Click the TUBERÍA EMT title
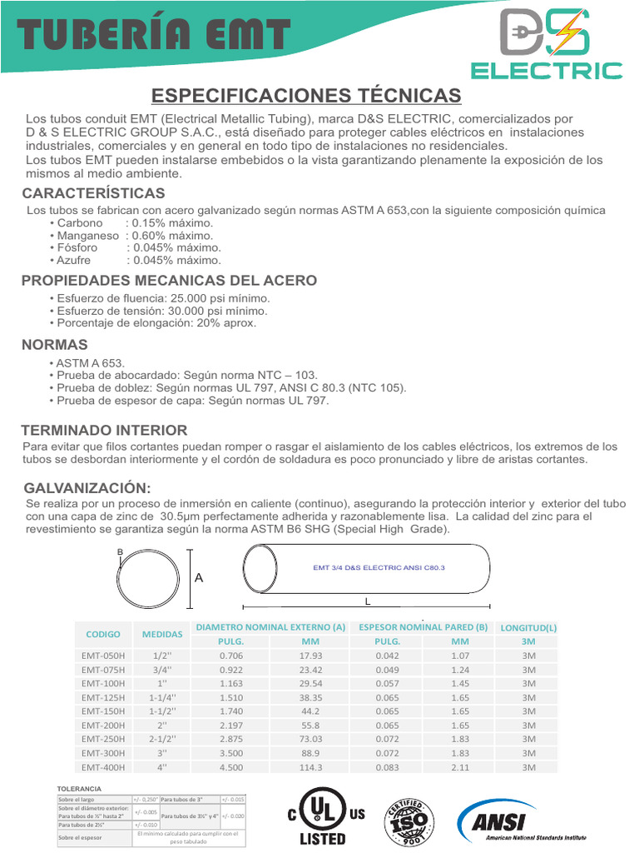[x=155, y=36]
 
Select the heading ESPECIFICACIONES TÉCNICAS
[x=306, y=94]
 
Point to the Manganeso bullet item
[x=131, y=236]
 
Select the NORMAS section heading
[x=54, y=345]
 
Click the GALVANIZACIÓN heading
[x=87, y=487]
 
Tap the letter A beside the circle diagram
[x=199, y=577]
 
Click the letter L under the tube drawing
[x=367, y=601]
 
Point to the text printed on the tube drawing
[x=379, y=567]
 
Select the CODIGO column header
[x=103, y=634]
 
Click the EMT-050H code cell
[x=103, y=656]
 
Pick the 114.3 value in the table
[x=310, y=767]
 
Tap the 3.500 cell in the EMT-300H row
[x=230, y=753]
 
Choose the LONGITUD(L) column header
[x=528, y=627]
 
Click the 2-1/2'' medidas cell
[x=161, y=739]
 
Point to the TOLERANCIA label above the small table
[x=79, y=788]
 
